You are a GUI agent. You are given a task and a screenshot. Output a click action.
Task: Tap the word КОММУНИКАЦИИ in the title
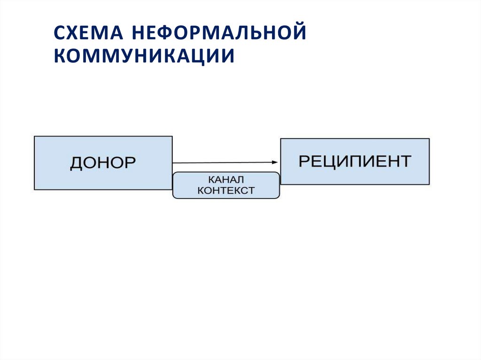(x=144, y=56)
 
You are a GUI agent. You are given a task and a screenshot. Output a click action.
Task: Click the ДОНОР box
(x=103, y=163)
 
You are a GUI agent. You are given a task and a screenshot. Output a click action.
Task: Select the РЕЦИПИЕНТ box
(x=355, y=161)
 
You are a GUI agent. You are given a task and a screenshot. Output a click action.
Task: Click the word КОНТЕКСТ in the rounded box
(x=226, y=191)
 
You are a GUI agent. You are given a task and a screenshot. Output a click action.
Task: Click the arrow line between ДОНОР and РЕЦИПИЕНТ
(x=221, y=162)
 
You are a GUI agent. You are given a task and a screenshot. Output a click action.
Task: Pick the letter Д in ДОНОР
(x=77, y=163)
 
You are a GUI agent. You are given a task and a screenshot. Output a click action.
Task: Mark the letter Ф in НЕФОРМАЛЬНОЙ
(x=166, y=34)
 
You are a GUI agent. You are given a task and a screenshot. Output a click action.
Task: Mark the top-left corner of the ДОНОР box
(x=34, y=137)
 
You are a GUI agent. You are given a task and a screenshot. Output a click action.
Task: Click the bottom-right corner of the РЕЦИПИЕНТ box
(x=429, y=184)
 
